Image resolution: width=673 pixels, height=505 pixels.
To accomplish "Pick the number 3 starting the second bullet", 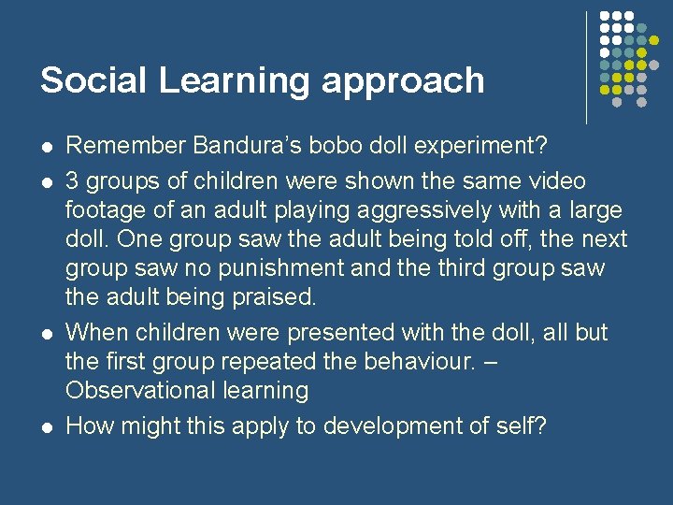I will coord(73,180).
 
